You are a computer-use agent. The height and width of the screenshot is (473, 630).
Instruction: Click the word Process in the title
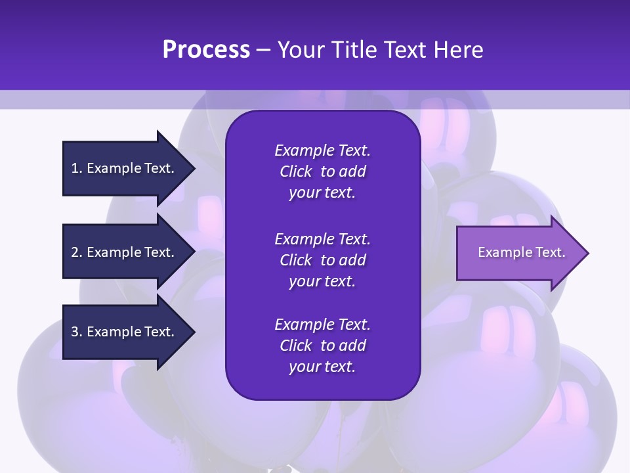tap(206, 50)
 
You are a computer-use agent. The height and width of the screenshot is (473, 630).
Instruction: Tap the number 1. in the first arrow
tap(77, 168)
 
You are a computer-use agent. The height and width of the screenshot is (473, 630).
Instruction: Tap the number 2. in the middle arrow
tap(77, 252)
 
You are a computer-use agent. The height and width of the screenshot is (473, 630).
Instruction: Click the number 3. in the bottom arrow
tap(77, 332)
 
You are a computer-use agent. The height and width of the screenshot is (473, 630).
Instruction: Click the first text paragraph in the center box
tap(322, 171)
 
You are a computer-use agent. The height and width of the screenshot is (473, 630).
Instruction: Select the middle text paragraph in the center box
tap(322, 260)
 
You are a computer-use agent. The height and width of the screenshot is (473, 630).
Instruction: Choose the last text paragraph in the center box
tap(322, 346)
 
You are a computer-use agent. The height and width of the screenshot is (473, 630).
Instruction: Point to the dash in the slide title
tap(264, 51)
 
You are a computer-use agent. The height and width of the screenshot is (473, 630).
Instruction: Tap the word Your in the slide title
tap(301, 50)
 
